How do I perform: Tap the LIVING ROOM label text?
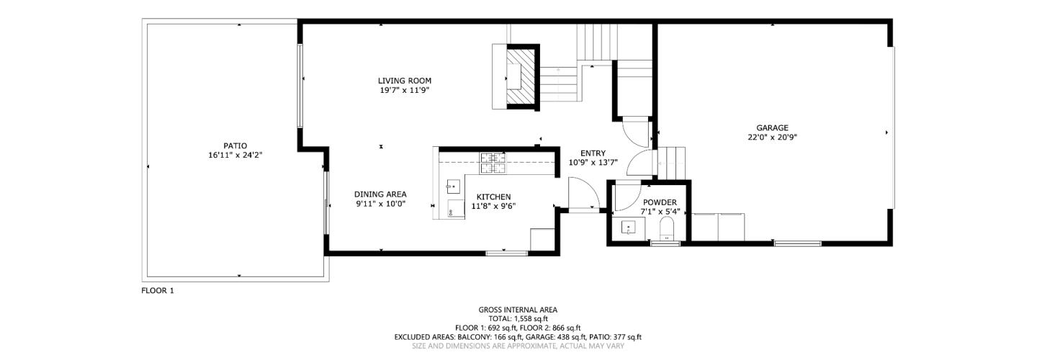tap(405, 81)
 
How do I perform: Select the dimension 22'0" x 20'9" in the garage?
tap(772, 137)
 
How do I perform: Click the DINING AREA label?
tap(380, 194)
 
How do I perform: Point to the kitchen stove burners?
tap(493, 163)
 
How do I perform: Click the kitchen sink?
tap(453, 186)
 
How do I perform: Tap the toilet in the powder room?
tap(667, 230)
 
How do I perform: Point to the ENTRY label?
tap(593, 153)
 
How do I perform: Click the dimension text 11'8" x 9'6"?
tap(493, 206)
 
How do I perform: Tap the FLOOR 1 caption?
tap(158, 291)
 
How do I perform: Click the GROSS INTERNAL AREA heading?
tap(518, 310)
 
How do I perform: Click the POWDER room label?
tap(660, 202)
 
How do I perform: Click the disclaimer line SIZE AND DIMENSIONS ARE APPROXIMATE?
tap(518, 346)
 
